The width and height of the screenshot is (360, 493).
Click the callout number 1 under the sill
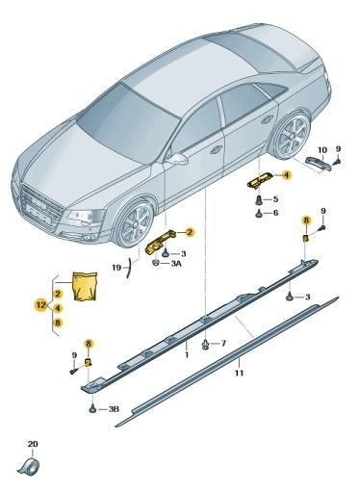pyautogui.click(x=172, y=354)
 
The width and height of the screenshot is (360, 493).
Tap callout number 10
pyautogui.click(x=223, y=343)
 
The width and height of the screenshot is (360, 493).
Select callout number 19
pyautogui.click(x=116, y=269)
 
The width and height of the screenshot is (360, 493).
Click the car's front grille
pyautogui.click(x=43, y=206)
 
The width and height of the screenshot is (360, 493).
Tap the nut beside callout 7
pyautogui.click(x=207, y=343)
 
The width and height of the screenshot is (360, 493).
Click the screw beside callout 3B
pyautogui.click(x=92, y=408)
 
